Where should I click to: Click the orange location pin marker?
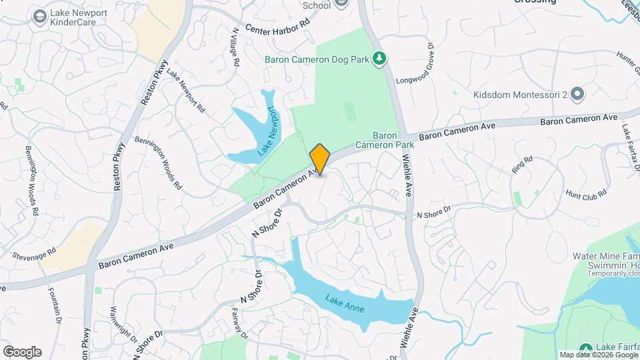pyautogui.click(x=320, y=159)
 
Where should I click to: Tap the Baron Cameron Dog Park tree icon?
pyautogui.click(x=379, y=59)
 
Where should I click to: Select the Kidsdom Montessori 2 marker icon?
pyautogui.click(x=577, y=95)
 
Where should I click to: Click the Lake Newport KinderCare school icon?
pyautogui.click(x=40, y=15)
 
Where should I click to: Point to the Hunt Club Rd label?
pyautogui.click(x=585, y=193)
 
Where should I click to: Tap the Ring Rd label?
pyautogui.click(x=523, y=165)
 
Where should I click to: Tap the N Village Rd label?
pyautogui.click(x=235, y=47)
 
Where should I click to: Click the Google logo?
pyautogui.click(x=22, y=352)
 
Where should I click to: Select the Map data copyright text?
pyautogui.click(x=598, y=355)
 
